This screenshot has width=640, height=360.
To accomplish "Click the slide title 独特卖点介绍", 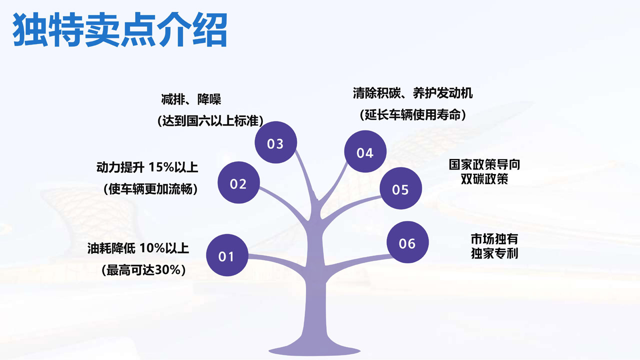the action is coord(120,29).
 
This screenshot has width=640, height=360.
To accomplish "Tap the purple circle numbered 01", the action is coord(227,255).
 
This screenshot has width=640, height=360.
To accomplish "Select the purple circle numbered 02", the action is coord(238,182).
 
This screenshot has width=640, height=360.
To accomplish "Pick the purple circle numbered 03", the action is coord(275,142).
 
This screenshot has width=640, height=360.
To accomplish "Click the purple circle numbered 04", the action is coord(365,151).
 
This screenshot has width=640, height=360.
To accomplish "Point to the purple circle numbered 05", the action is coord(400,188).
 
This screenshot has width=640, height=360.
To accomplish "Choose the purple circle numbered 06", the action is coord(407,242).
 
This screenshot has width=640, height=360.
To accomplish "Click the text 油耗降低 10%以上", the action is coord(138,248).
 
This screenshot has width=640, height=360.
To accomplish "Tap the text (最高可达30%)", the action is coord(143,270).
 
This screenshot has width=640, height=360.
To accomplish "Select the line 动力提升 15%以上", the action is coord(147,167).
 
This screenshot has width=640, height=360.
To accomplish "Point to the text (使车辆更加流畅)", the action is coord(150,189).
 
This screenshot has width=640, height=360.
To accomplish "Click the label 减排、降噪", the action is coord(191,99).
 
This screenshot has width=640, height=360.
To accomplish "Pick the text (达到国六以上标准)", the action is coord(210,120).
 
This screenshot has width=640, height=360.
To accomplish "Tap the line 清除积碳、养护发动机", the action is coord(412,93).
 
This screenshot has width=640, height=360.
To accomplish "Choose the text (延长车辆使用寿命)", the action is coord(413,114).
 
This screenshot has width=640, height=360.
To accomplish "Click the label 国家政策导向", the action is coord(484,164).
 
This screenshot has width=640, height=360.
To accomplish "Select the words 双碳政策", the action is coord(484,179).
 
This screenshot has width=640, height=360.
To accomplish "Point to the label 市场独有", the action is coord(494,239).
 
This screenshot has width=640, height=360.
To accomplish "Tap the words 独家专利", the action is coord(494,253).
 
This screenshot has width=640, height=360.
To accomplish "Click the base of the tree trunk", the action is coord(314,350).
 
